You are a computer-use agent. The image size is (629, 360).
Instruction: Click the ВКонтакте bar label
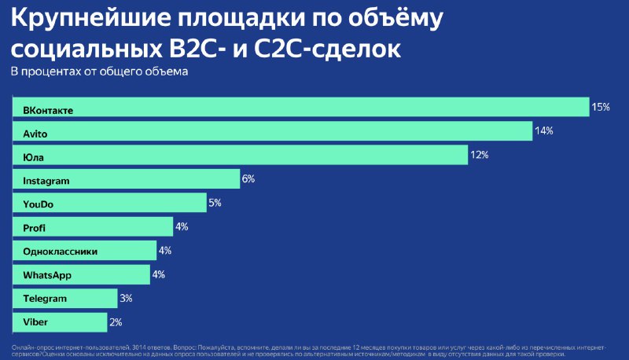48,110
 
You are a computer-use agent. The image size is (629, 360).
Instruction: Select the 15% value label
601,108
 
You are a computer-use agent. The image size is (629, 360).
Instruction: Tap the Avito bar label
36,134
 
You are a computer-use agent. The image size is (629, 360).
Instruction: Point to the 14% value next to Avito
544,131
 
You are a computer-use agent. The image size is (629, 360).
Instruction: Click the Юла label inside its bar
34,157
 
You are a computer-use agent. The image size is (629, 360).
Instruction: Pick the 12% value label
479,155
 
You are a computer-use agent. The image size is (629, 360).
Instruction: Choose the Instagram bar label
46,181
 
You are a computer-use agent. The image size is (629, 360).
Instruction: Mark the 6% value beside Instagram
248,179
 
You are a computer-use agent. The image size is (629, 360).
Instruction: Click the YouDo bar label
39,204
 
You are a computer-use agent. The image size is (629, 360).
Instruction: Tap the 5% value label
215,203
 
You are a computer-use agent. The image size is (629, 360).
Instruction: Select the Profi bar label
35,228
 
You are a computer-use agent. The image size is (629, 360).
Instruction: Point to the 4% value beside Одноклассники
165,251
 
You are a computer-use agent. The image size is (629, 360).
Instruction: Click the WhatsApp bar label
48,275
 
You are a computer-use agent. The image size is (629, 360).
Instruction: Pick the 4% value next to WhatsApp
158,274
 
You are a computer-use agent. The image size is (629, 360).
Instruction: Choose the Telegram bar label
45,299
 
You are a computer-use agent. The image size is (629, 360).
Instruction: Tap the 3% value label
126,298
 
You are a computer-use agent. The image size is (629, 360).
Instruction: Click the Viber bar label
35,322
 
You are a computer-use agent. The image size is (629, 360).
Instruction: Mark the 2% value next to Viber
116,321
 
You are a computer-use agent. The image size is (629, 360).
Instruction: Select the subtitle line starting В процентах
98,72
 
